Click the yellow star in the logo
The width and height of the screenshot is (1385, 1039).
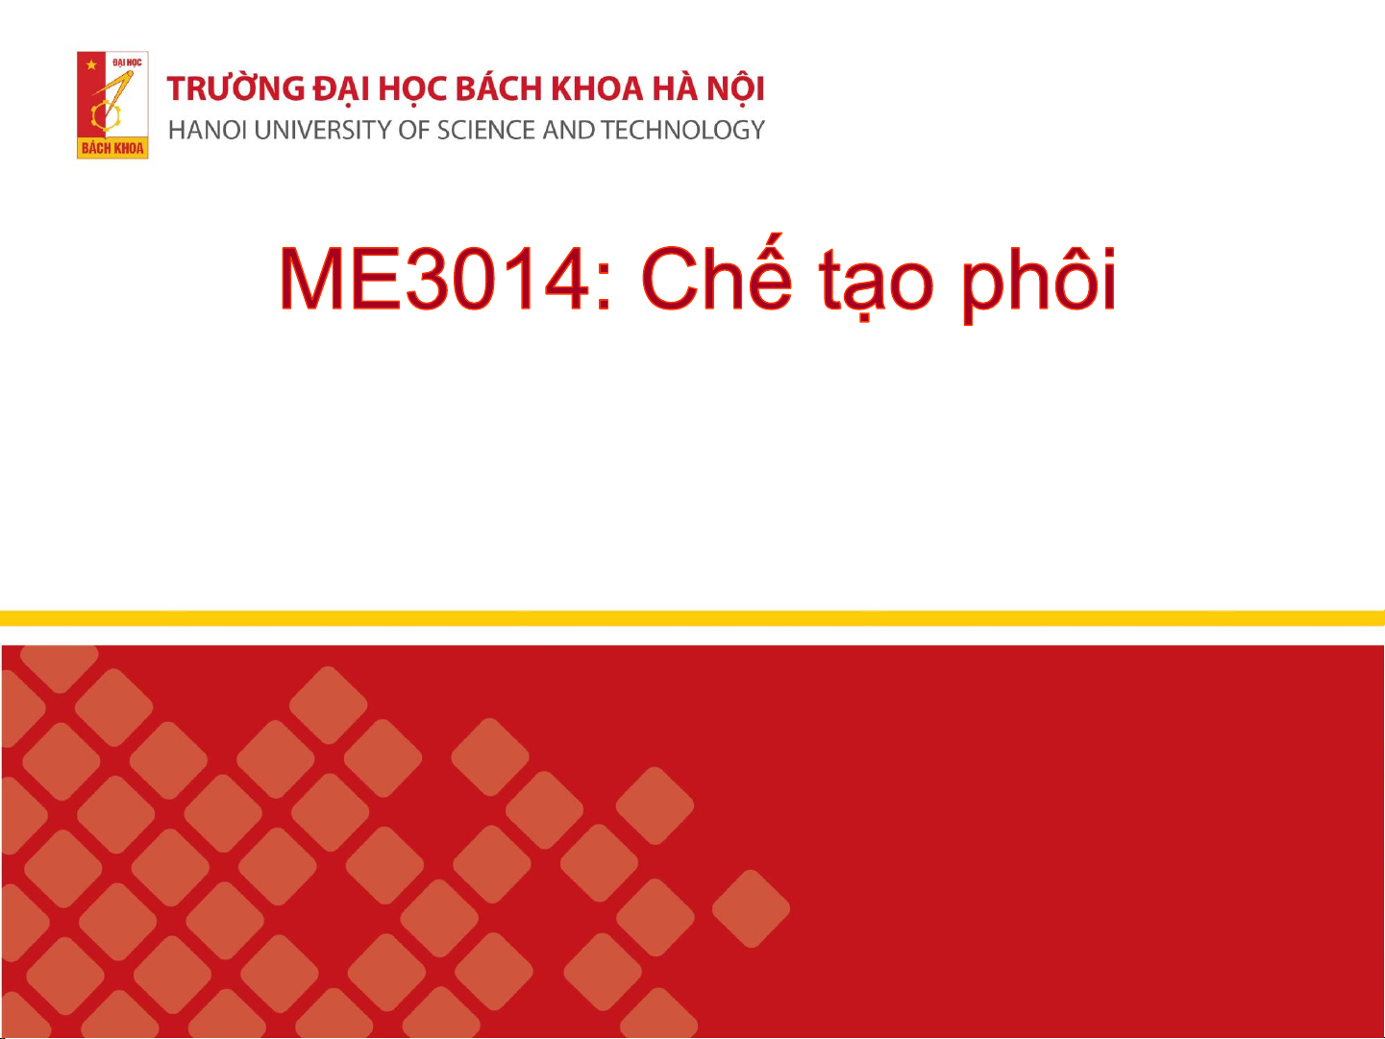(x=91, y=64)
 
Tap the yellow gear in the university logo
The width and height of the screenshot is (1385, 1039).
(x=106, y=115)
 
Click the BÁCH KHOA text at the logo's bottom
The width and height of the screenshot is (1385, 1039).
(x=112, y=148)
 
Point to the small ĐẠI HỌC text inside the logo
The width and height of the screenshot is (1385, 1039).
(x=127, y=62)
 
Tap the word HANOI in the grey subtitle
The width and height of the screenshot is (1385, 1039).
(x=208, y=130)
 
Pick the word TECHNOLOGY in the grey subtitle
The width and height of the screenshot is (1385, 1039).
(x=682, y=130)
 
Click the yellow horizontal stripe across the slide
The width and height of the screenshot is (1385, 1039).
(x=692, y=618)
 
